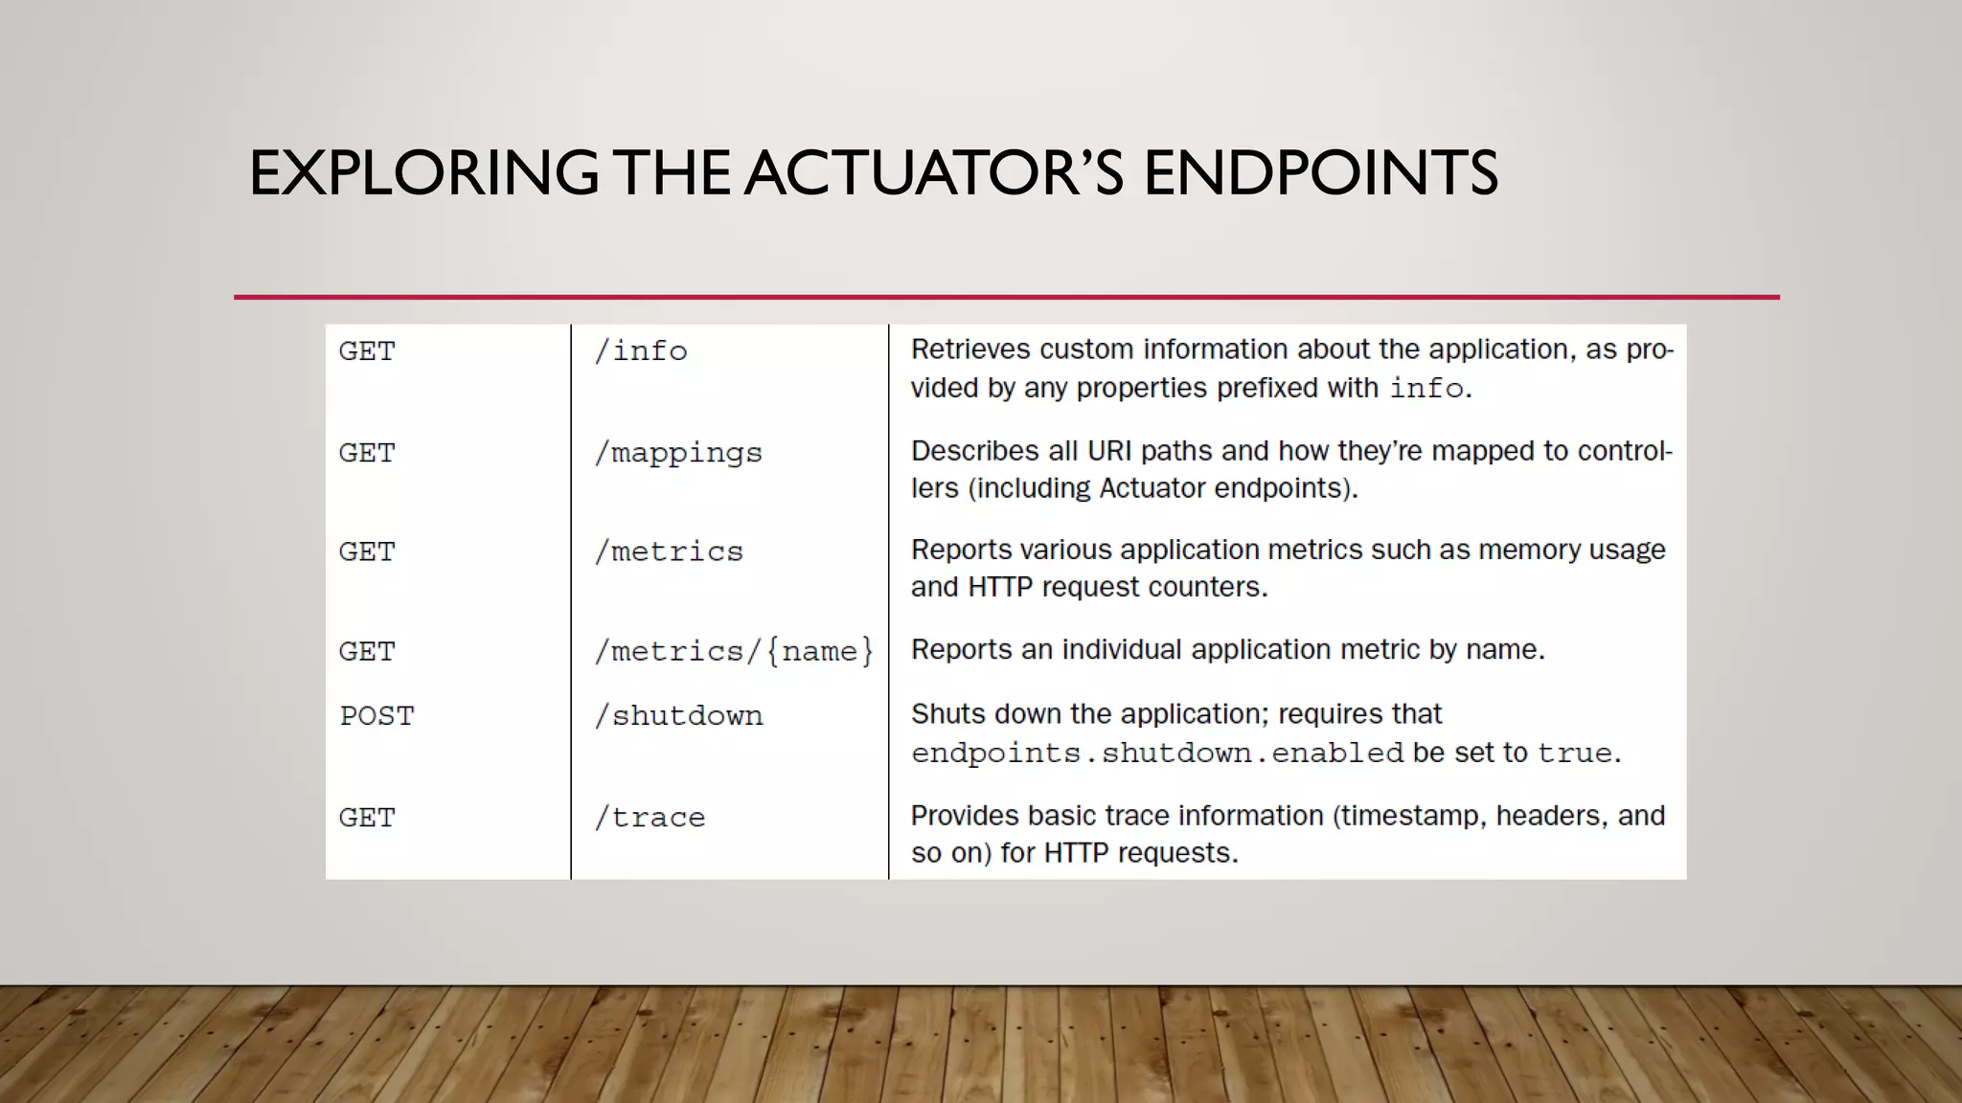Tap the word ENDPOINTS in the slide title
[x=1320, y=173]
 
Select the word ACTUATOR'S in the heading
[x=934, y=173]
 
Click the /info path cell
[x=641, y=351]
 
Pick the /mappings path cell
[x=678, y=453]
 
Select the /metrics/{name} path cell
[x=734, y=651]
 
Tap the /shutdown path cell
[x=678, y=715]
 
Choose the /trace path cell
[x=650, y=818]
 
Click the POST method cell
[x=376, y=715]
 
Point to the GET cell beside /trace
[x=367, y=818]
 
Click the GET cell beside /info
[x=367, y=351]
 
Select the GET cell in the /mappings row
[x=367, y=453]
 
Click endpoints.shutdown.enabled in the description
[x=1157, y=754]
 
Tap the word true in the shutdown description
[x=1575, y=754]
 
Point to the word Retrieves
[x=970, y=349]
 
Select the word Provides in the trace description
[x=965, y=816]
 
